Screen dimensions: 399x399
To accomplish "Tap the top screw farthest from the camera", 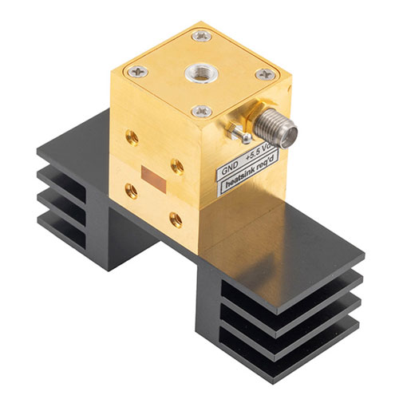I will click(x=202, y=35).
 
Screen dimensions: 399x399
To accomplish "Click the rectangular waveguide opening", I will click(x=150, y=175).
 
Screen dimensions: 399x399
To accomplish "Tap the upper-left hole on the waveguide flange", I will click(x=132, y=137).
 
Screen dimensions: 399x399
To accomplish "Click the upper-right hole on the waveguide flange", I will click(x=176, y=166).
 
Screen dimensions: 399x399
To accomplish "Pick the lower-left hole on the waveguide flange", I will click(x=131, y=190).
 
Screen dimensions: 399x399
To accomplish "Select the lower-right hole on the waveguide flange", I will click(x=175, y=219).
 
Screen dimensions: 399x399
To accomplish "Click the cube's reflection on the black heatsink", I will click(x=239, y=231).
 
